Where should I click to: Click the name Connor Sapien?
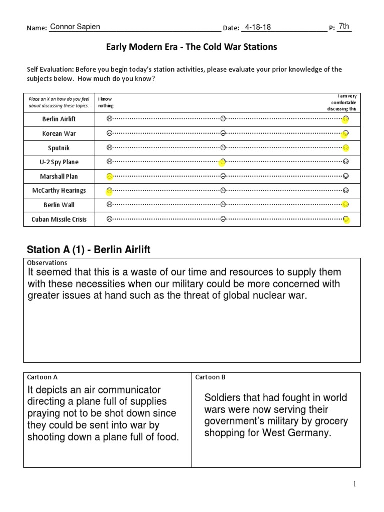(76, 27)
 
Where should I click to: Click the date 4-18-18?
(258, 27)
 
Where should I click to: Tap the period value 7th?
(344, 26)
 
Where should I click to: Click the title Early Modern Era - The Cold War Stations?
(191, 47)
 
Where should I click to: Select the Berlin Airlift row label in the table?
(59, 119)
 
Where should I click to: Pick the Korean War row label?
(59, 134)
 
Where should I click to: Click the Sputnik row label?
(59, 148)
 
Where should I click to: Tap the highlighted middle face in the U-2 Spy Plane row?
(223, 162)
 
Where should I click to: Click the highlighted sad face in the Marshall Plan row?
(109, 176)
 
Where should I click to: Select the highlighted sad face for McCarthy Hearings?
(109, 190)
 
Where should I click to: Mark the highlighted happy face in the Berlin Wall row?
(345, 204)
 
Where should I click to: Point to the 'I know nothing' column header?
(106, 102)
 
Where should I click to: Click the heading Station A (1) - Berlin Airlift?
(87, 250)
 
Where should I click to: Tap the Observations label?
(47, 263)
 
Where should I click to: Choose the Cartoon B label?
(210, 377)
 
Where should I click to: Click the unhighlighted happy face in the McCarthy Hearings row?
(346, 190)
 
